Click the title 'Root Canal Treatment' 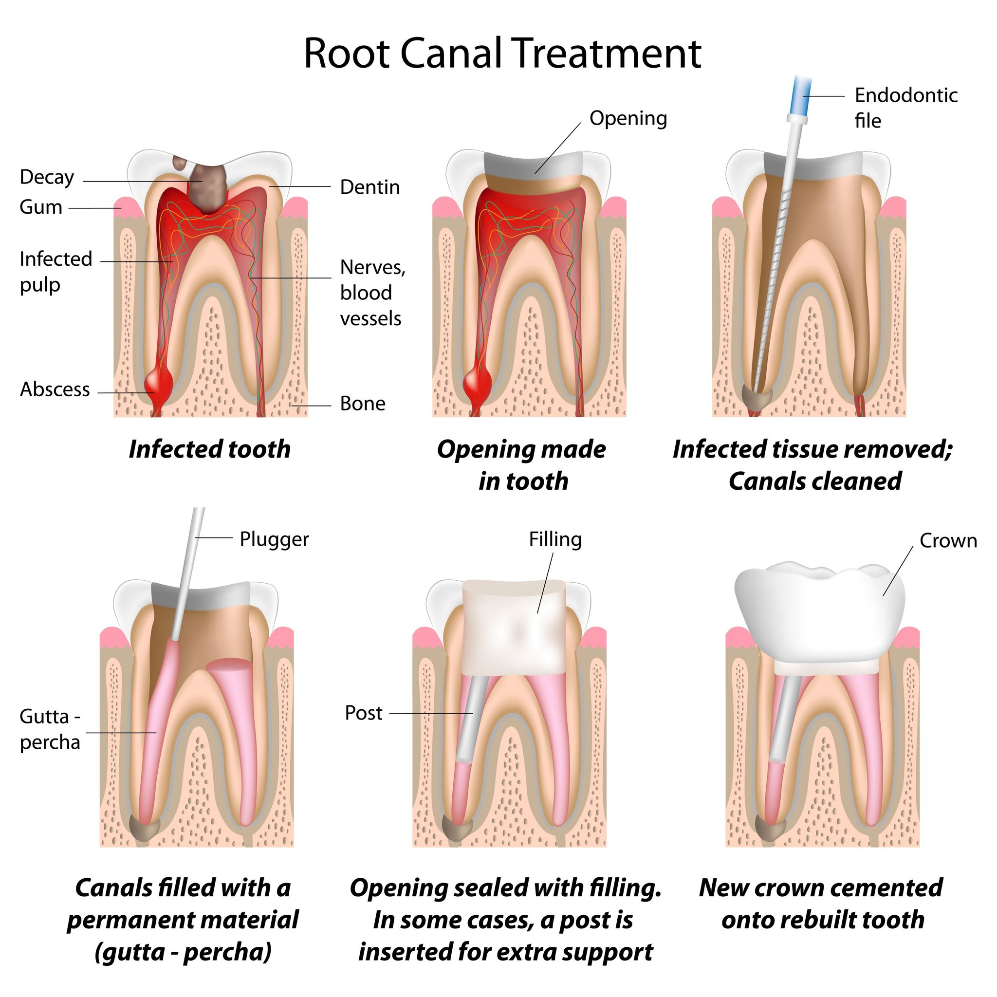(x=501, y=54)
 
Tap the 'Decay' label (x=47, y=178)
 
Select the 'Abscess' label (x=55, y=389)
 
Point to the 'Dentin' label (x=369, y=187)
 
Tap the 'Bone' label (x=362, y=404)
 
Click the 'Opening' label (x=628, y=119)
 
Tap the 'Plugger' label (x=274, y=539)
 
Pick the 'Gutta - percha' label (x=50, y=729)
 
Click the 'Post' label (x=363, y=713)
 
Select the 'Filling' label (x=555, y=539)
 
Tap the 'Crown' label (x=948, y=541)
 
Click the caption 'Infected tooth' (x=209, y=449)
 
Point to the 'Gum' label (x=41, y=207)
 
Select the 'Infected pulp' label (x=55, y=272)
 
